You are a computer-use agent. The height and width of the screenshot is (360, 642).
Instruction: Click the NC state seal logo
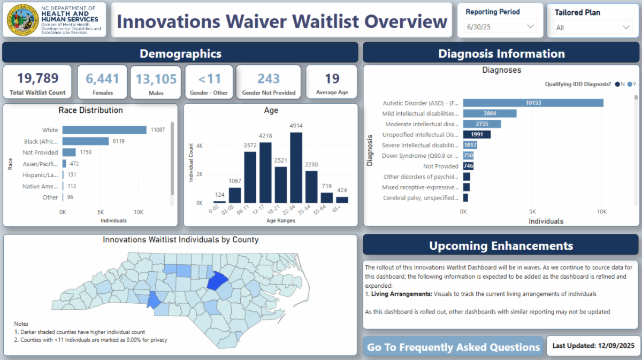[22, 20]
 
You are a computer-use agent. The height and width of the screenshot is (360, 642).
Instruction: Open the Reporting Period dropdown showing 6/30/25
[501, 26]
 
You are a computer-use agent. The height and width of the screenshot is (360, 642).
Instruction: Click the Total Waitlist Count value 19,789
[37, 79]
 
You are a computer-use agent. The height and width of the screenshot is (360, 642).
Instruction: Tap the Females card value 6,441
[103, 79]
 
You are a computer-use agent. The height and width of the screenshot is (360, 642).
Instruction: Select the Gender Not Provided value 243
[269, 79]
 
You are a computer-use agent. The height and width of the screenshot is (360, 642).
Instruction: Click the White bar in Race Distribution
[104, 130]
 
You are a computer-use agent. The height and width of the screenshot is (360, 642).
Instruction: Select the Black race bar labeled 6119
[86, 141]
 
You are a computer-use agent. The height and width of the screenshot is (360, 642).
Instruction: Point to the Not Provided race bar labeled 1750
[69, 152]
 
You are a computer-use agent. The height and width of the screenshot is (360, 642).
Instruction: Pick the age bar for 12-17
[265, 172]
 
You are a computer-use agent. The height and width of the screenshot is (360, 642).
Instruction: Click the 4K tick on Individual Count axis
[198, 145]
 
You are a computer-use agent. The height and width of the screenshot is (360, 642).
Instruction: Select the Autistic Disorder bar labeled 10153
[533, 103]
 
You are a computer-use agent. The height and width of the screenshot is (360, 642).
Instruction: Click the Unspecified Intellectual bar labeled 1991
[477, 134]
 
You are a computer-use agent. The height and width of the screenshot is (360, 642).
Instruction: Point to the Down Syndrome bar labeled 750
[469, 156]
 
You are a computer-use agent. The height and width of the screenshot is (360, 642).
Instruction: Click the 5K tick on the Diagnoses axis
[532, 212]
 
